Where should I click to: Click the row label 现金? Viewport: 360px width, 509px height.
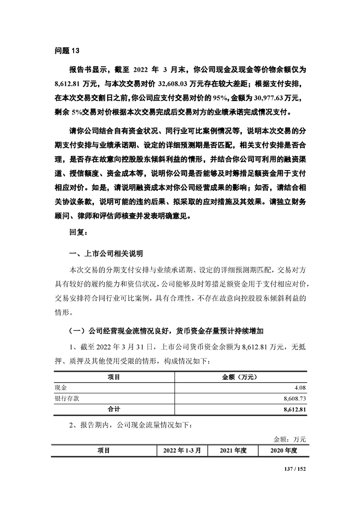(x=60, y=387)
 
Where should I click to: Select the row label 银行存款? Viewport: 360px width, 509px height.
(x=67, y=398)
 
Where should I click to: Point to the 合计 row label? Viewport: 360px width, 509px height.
(x=113, y=409)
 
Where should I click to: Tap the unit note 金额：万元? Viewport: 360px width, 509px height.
(x=290, y=439)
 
